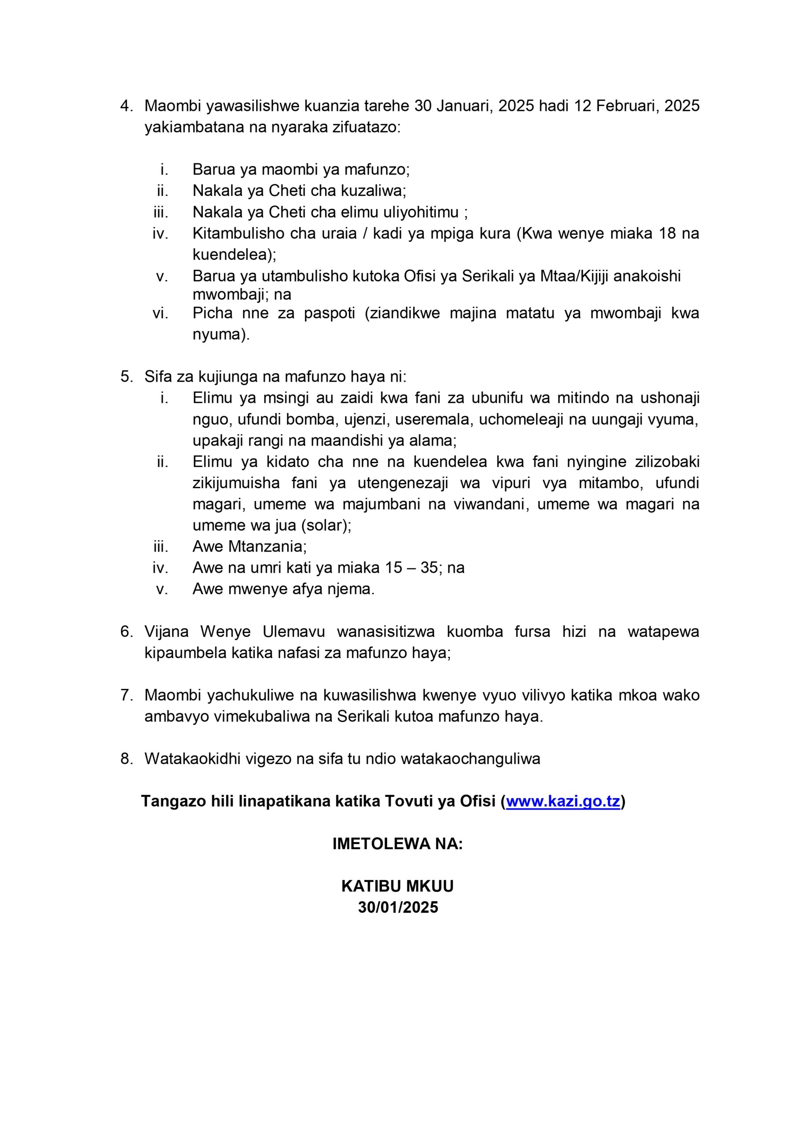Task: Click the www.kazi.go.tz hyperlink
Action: [563, 801]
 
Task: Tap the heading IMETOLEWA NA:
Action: [397, 844]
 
